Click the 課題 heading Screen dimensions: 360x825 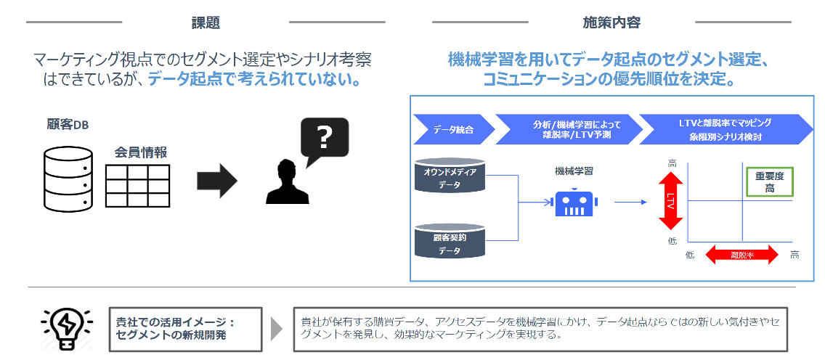click(x=206, y=22)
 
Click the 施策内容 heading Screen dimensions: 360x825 click(x=611, y=22)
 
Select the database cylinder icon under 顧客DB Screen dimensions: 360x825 click(x=68, y=177)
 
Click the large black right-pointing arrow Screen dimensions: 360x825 click(x=217, y=181)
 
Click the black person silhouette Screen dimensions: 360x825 click(x=288, y=182)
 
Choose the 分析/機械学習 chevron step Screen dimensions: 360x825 click(x=566, y=129)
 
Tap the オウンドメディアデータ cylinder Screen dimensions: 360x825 click(x=449, y=176)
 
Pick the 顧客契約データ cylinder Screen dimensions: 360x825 click(x=449, y=242)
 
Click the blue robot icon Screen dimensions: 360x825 click(x=574, y=203)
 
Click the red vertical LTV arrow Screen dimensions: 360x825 click(x=670, y=200)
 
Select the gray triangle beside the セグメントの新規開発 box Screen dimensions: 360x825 click(x=276, y=328)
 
